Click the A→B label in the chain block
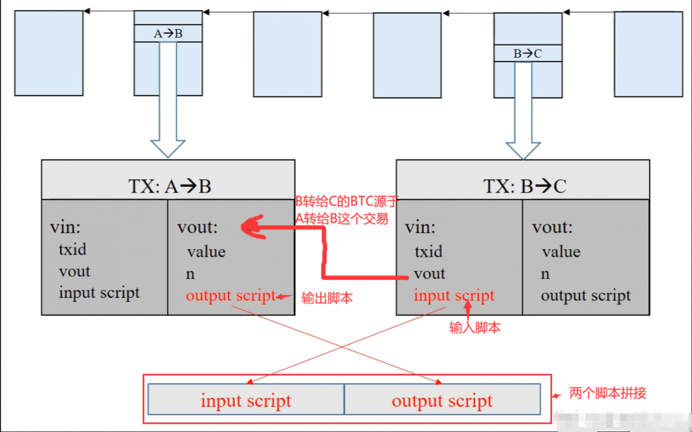click(168, 34)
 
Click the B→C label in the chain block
click(528, 53)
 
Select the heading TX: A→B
click(169, 186)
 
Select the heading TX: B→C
click(524, 186)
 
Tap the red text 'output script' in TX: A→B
click(230, 296)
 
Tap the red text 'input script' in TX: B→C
click(454, 296)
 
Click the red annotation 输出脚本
click(327, 298)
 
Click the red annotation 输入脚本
click(475, 328)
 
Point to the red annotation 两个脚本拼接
click(608, 393)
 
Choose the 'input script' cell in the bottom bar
click(245, 401)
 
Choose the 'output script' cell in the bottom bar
click(442, 401)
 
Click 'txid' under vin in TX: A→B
click(72, 250)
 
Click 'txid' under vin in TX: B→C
click(428, 252)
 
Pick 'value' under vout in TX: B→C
click(561, 252)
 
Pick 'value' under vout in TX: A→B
click(206, 252)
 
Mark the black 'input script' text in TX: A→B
click(99, 293)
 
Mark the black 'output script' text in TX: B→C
click(585, 296)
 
